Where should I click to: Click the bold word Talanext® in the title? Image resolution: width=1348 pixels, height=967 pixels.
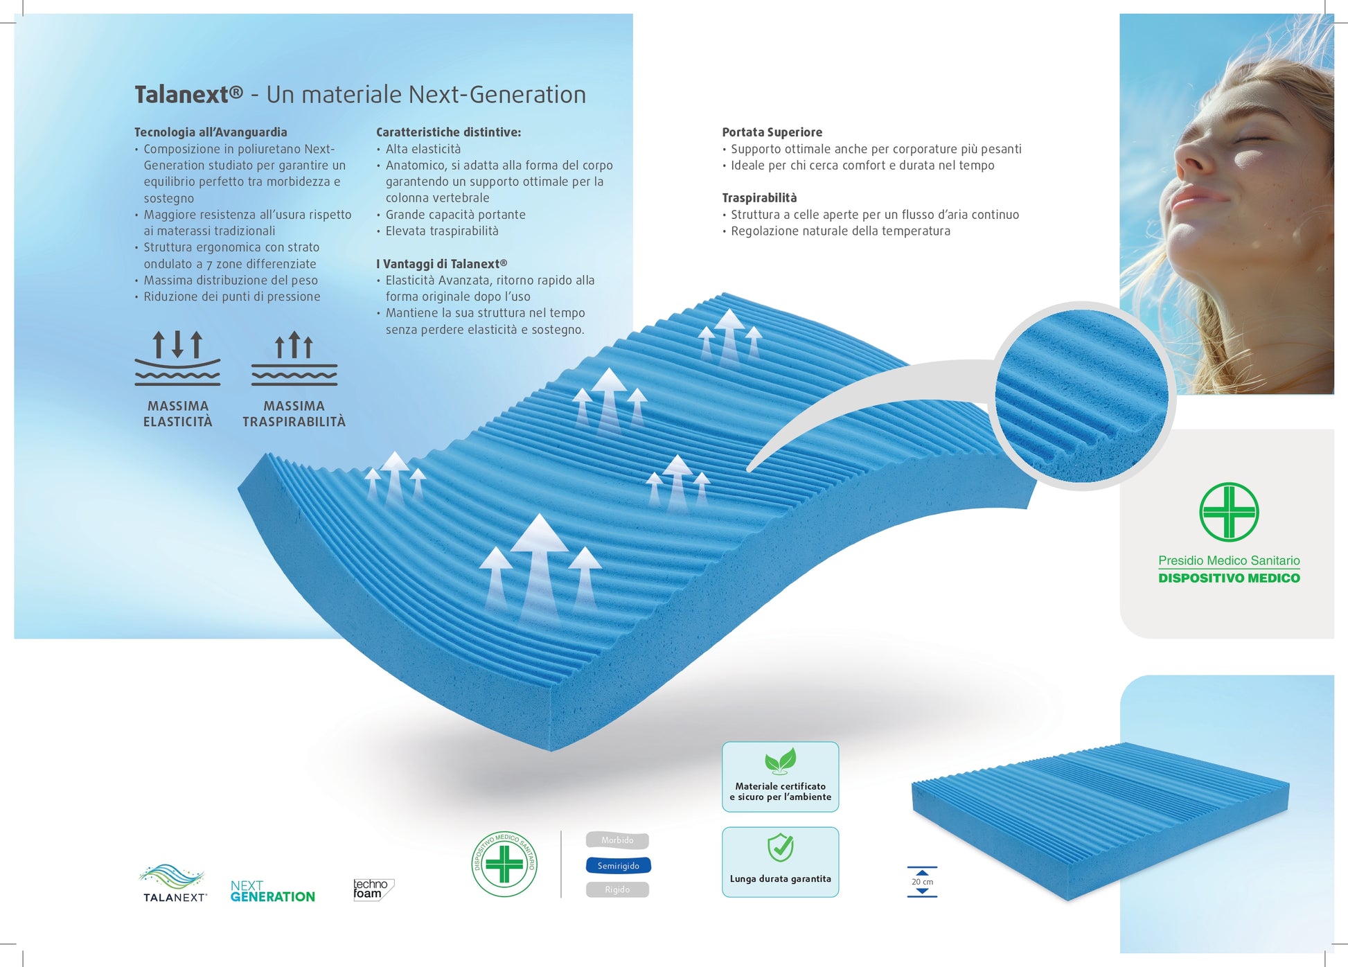pyautogui.click(x=188, y=94)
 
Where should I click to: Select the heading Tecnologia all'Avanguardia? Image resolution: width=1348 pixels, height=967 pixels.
pyautogui.click(x=211, y=132)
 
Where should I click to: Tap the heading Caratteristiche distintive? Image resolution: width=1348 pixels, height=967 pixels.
pyautogui.click(x=448, y=132)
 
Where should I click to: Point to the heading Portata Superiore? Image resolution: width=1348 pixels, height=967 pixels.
pyautogui.click(x=772, y=132)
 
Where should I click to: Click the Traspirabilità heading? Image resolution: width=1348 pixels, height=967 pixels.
pyautogui.click(x=759, y=198)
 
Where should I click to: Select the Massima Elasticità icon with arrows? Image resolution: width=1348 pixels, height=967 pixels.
pyautogui.click(x=177, y=357)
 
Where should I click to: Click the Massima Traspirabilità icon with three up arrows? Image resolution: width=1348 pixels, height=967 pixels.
pyautogui.click(x=294, y=357)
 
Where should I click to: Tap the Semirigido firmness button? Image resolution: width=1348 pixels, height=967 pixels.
pyautogui.click(x=619, y=865)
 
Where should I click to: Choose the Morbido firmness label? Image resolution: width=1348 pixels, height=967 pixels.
pyautogui.click(x=617, y=840)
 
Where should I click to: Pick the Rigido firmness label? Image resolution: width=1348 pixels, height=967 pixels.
pyautogui.click(x=617, y=889)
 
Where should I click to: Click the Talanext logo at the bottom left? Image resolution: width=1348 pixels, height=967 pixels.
pyautogui.click(x=173, y=882)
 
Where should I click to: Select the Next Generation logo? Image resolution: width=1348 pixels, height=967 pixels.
pyautogui.click(x=272, y=891)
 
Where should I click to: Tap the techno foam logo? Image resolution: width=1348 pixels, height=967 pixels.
pyautogui.click(x=373, y=889)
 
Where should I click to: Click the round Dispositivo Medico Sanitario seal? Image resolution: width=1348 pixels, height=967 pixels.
pyautogui.click(x=504, y=864)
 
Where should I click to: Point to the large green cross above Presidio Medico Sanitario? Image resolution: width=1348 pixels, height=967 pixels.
pyautogui.click(x=1229, y=512)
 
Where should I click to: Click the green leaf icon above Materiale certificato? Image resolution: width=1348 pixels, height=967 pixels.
pyautogui.click(x=781, y=761)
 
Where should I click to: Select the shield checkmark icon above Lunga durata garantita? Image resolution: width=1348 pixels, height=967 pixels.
pyautogui.click(x=781, y=847)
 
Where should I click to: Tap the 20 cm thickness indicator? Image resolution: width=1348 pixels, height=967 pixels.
pyautogui.click(x=922, y=882)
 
